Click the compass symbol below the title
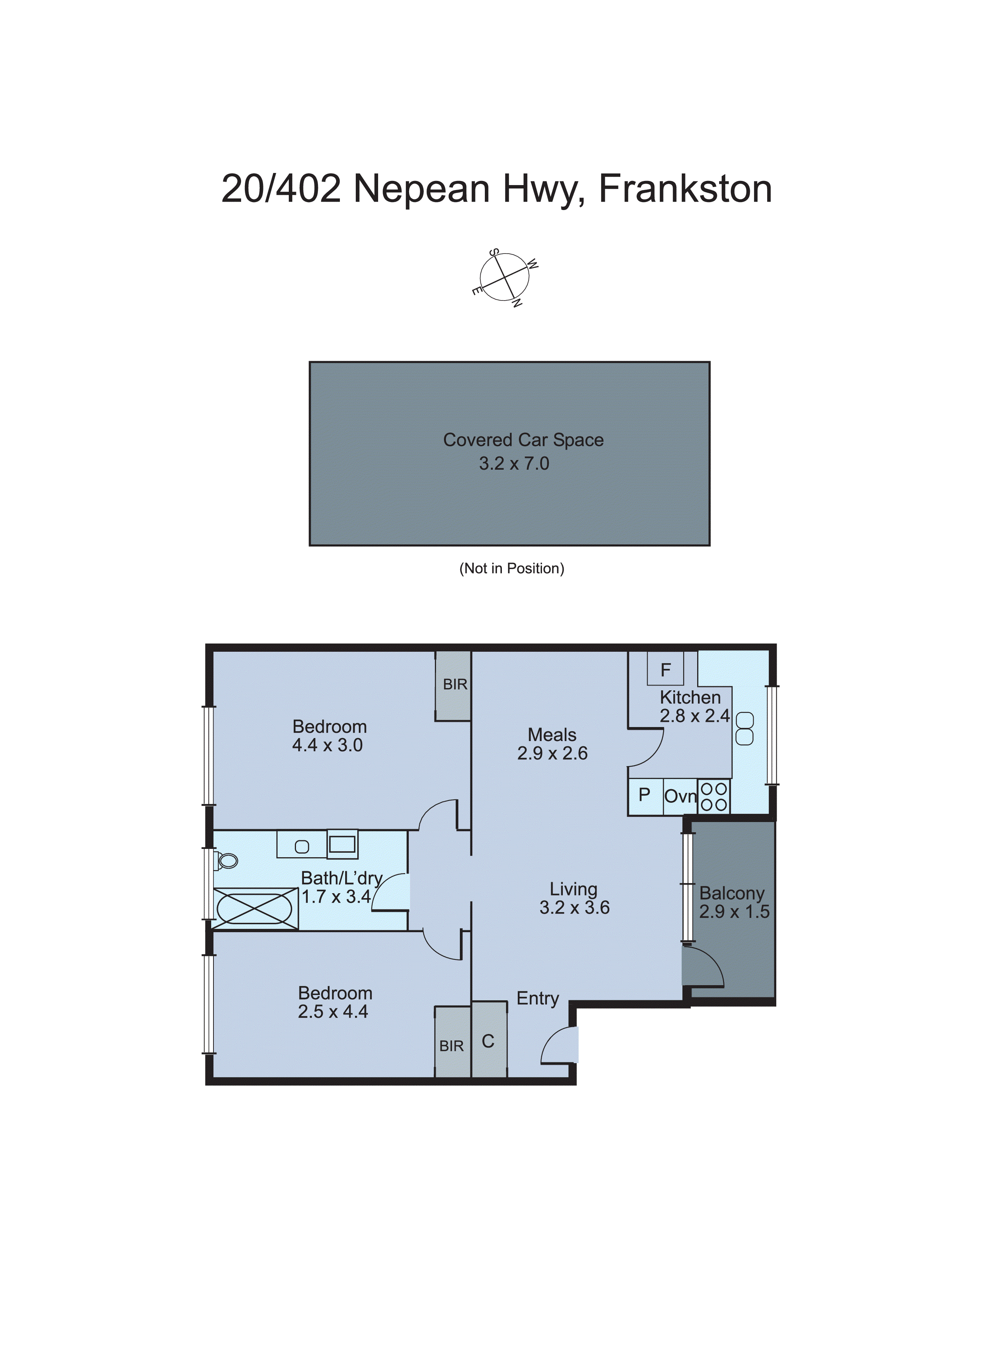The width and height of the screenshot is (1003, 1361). pos(505,277)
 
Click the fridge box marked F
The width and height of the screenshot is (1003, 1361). pos(665,669)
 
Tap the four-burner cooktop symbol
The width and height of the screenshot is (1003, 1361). pos(713,796)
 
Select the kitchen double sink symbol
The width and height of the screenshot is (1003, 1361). pos(744,729)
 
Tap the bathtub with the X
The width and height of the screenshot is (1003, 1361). pos(255,909)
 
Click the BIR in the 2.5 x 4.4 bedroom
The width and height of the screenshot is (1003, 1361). pos(452,1046)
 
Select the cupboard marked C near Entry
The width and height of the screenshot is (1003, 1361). pos(488,1041)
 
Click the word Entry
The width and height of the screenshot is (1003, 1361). pos(537,998)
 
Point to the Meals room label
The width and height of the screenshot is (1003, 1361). pos(552,735)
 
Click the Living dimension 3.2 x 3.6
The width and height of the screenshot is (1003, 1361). pos(574,908)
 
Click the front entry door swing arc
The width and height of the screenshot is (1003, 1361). pos(558,1045)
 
